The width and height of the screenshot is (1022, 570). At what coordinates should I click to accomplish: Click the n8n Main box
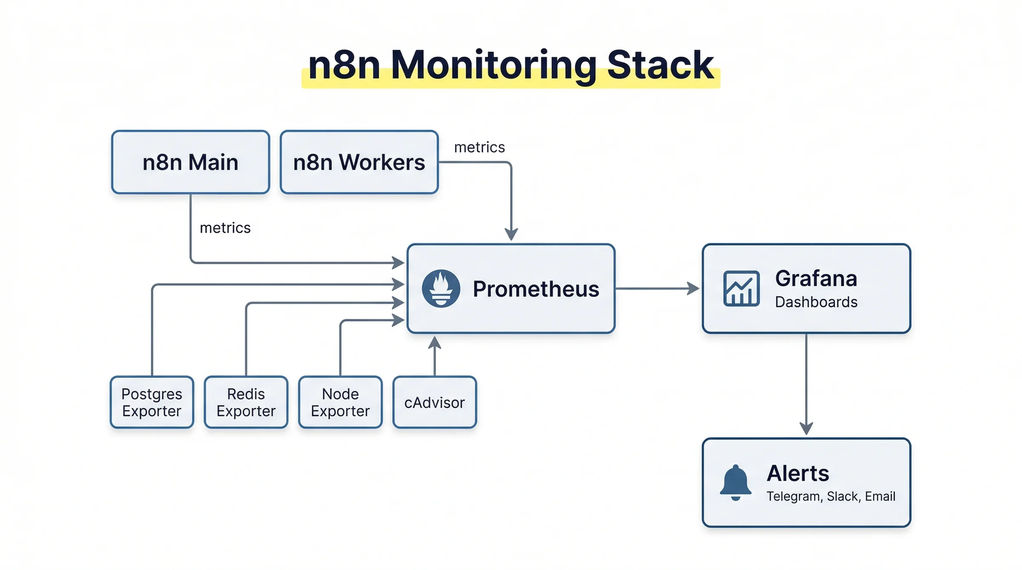(x=190, y=162)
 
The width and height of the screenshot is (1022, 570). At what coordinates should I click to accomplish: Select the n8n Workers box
(x=359, y=162)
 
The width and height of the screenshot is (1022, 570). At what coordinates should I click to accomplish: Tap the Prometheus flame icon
(x=441, y=288)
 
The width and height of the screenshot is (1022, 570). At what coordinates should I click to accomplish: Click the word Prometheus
(x=536, y=289)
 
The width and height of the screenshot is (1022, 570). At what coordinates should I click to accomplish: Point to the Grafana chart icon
(x=741, y=289)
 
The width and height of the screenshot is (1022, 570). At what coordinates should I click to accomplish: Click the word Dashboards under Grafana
(x=816, y=302)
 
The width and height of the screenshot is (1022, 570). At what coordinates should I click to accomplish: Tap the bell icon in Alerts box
(x=735, y=482)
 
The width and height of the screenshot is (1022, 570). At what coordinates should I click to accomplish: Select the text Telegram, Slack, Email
(x=830, y=496)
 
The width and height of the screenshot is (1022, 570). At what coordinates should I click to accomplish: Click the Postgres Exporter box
(x=152, y=402)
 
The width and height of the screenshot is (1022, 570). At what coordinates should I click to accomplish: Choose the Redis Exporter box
(x=246, y=402)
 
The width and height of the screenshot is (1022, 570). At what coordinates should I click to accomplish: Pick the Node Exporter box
(x=340, y=402)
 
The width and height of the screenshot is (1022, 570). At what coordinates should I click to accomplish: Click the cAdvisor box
(x=434, y=402)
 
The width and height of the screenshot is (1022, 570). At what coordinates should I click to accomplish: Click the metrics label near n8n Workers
(x=479, y=147)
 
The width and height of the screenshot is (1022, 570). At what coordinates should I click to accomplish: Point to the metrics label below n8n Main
(x=225, y=228)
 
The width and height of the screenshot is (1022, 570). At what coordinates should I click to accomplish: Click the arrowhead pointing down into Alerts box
(x=806, y=428)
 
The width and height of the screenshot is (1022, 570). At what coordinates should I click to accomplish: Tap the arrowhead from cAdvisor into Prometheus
(x=434, y=342)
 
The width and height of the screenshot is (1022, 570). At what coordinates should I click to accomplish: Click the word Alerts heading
(x=798, y=473)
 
